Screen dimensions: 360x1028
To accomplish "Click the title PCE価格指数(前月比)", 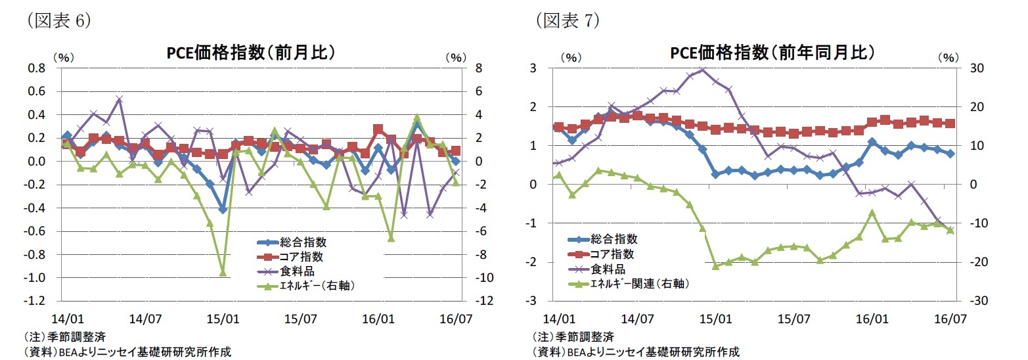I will pyautogui.click(x=251, y=53).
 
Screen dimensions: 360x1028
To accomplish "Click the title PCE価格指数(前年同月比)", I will pyautogui.click(x=772, y=53).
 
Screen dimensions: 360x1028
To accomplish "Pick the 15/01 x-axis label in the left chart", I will pyautogui.click(x=223, y=319).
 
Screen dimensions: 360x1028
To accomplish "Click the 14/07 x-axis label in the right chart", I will pyautogui.click(x=638, y=319).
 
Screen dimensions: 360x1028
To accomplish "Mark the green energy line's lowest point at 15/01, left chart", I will pyautogui.click(x=223, y=272).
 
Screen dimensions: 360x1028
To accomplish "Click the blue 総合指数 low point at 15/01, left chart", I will pyautogui.click(x=223, y=210).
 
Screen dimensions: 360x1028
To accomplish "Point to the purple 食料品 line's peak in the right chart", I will pyautogui.click(x=702, y=70).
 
